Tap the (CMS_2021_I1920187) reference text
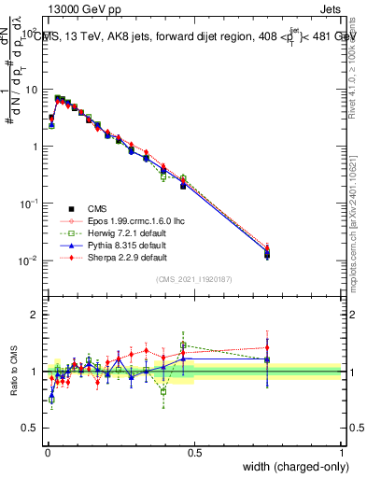click(194, 279)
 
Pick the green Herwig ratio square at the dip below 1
click(164, 392)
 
